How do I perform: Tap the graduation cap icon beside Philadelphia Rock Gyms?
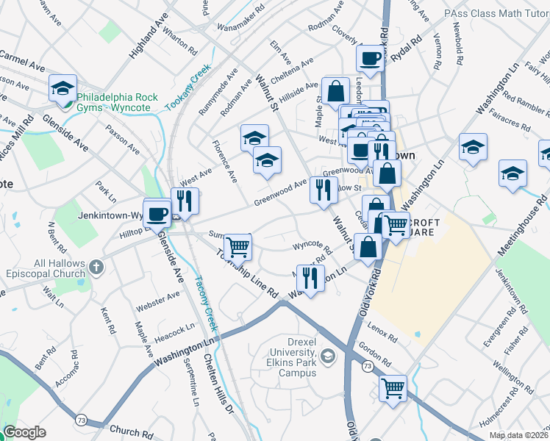63,88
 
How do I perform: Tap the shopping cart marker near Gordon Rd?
393,387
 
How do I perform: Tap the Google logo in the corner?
25,432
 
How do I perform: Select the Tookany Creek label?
188,87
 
